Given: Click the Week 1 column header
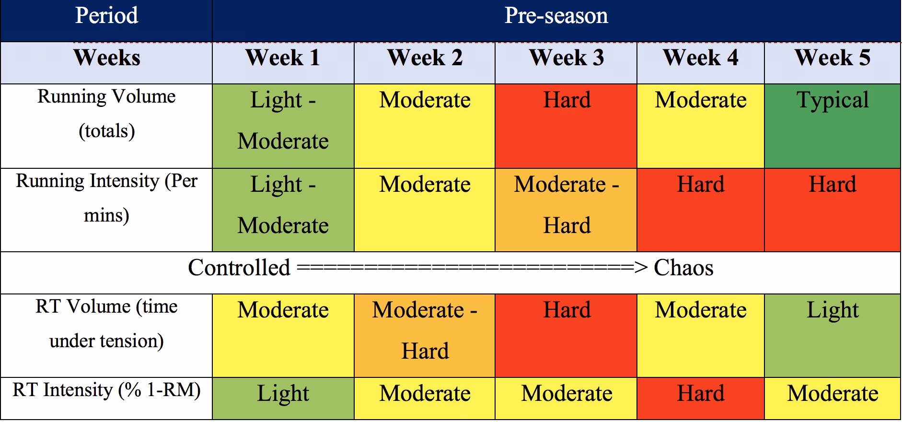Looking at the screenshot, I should pos(283,59).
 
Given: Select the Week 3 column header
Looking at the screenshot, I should pos(566,59).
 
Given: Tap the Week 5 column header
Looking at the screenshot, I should pos(832,59).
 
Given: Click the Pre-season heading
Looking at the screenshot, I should pos(556,16).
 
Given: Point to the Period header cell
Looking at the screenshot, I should pos(106,16).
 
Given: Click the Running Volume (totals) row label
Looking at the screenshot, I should pos(106,114).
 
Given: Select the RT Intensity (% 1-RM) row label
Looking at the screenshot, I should pos(106,390).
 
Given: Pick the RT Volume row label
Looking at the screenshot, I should pos(106,324).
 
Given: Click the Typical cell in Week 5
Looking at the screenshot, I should pos(832,126).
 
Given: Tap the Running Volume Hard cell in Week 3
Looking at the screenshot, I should pos(566,126).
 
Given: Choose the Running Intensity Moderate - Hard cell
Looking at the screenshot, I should pos(566,209).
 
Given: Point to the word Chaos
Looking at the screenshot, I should pos(683,268).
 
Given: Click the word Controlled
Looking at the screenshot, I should pos(239,268).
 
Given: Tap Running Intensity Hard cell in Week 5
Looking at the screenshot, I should pos(832,209).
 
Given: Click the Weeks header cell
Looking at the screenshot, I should pos(106,59).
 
